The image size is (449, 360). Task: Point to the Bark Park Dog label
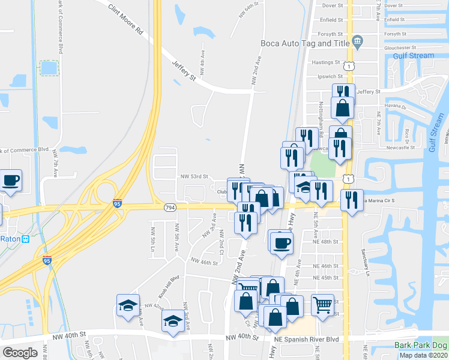[x=421, y=345]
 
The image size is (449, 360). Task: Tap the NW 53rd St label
[x=194, y=177]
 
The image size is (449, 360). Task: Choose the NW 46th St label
[x=203, y=262]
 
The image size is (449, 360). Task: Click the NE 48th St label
[x=326, y=242]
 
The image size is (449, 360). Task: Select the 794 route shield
[x=170, y=207]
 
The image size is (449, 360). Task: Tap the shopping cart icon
[x=323, y=305]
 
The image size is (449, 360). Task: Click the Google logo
[x=20, y=352]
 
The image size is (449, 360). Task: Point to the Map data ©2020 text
[x=424, y=355]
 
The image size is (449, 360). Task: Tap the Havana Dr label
[x=396, y=107]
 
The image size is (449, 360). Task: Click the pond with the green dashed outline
[x=49, y=68]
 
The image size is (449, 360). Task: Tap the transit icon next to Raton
[x=26, y=238]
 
